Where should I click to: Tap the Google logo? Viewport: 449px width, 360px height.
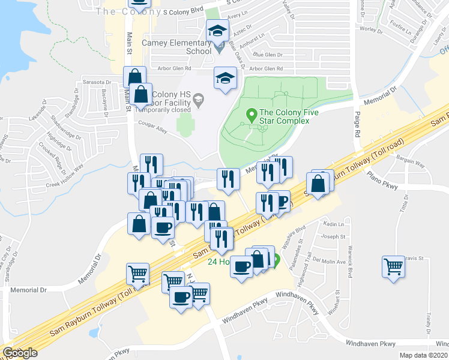click(x=20, y=352)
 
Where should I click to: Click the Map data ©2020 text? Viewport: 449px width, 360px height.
click(x=424, y=355)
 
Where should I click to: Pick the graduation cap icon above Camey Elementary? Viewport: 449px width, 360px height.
click(x=217, y=31)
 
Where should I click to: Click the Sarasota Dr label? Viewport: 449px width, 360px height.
click(x=97, y=82)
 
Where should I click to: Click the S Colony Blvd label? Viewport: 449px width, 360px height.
click(x=179, y=11)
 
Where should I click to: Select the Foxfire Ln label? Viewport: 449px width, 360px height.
click(x=399, y=26)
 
